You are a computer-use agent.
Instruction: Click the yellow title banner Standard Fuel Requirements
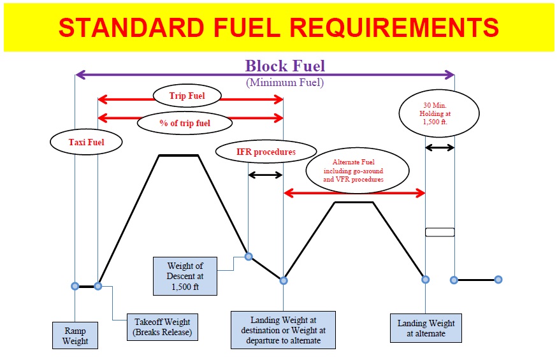click(278, 27)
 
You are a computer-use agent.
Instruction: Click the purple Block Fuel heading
click(285, 66)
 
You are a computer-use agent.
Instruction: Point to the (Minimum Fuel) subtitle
click(284, 82)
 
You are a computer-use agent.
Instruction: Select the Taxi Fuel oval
click(86, 142)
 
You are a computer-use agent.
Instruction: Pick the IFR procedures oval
click(266, 152)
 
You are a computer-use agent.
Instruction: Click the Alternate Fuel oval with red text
click(356, 171)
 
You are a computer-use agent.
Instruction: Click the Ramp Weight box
click(75, 336)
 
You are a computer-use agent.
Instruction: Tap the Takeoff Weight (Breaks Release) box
click(162, 327)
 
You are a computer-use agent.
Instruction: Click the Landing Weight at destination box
click(283, 329)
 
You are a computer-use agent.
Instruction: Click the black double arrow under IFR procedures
click(265, 175)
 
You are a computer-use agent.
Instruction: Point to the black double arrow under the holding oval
click(440, 147)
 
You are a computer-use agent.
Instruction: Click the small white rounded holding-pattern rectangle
click(440, 232)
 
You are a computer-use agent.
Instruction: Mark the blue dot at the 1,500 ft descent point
click(249, 257)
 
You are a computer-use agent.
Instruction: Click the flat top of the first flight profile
click(178, 155)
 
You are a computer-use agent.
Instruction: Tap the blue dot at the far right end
click(498, 279)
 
